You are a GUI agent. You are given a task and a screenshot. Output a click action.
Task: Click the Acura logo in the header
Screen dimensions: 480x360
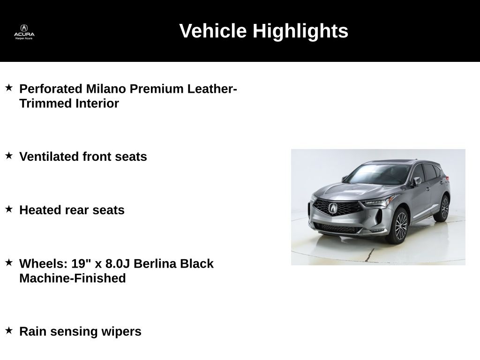(x=24, y=32)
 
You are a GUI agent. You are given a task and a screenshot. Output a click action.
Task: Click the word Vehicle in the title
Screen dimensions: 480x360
(x=213, y=30)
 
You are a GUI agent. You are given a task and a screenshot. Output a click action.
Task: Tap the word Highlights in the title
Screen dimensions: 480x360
(x=300, y=31)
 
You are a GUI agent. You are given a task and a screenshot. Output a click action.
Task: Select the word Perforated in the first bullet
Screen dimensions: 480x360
(x=51, y=89)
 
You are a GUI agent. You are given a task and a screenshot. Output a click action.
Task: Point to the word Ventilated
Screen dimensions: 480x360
(x=49, y=157)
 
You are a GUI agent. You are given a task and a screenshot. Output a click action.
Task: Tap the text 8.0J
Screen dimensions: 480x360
(x=118, y=263)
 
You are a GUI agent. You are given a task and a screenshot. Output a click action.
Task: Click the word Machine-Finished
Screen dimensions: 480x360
(x=73, y=278)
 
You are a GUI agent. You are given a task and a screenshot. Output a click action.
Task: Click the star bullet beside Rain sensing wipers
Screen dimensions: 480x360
(x=9, y=330)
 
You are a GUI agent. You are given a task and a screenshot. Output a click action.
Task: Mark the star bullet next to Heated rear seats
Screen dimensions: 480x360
(x=9, y=209)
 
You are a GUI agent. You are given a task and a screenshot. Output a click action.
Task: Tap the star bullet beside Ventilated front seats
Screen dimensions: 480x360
(x=9, y=156)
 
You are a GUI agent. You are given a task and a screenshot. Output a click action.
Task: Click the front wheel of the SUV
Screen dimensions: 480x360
(x=399, y=225)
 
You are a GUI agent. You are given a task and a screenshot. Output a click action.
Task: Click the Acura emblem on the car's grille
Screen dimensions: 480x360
(x=333, y=208)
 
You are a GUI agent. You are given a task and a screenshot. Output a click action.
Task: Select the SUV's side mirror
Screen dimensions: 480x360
(x=416, y=181)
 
